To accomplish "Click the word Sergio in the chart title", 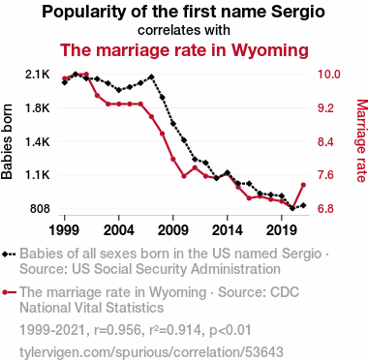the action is [x=297, y=12].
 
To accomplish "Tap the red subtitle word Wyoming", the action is [x=269, y=50].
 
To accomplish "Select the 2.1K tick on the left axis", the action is [x=38, y=75].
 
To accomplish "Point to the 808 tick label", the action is [x=40, y=209].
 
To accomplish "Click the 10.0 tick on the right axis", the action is [x=329, y=75].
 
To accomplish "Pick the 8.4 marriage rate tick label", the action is [x=325, y=141].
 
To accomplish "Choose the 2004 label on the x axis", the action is [x=119, y=230].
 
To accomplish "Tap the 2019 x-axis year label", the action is [x=282, y=230].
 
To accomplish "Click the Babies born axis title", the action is [x=7, y=141].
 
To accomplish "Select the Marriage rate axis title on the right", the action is [x=361, y=141].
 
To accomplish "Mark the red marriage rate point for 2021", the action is [x=303, y=185].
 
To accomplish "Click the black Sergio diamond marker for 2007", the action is [x=151, y=76].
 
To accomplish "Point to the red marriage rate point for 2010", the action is [x=184, y=176].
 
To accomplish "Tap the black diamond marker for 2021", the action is [x=303, y=205].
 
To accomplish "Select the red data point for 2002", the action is [x=97, y=96].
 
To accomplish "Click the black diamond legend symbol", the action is [x=9, y=254].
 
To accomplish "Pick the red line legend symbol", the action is [x=9, y=292].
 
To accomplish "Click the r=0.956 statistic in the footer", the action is [x=117, y=330].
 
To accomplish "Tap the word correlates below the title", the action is [x=166, y=30].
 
